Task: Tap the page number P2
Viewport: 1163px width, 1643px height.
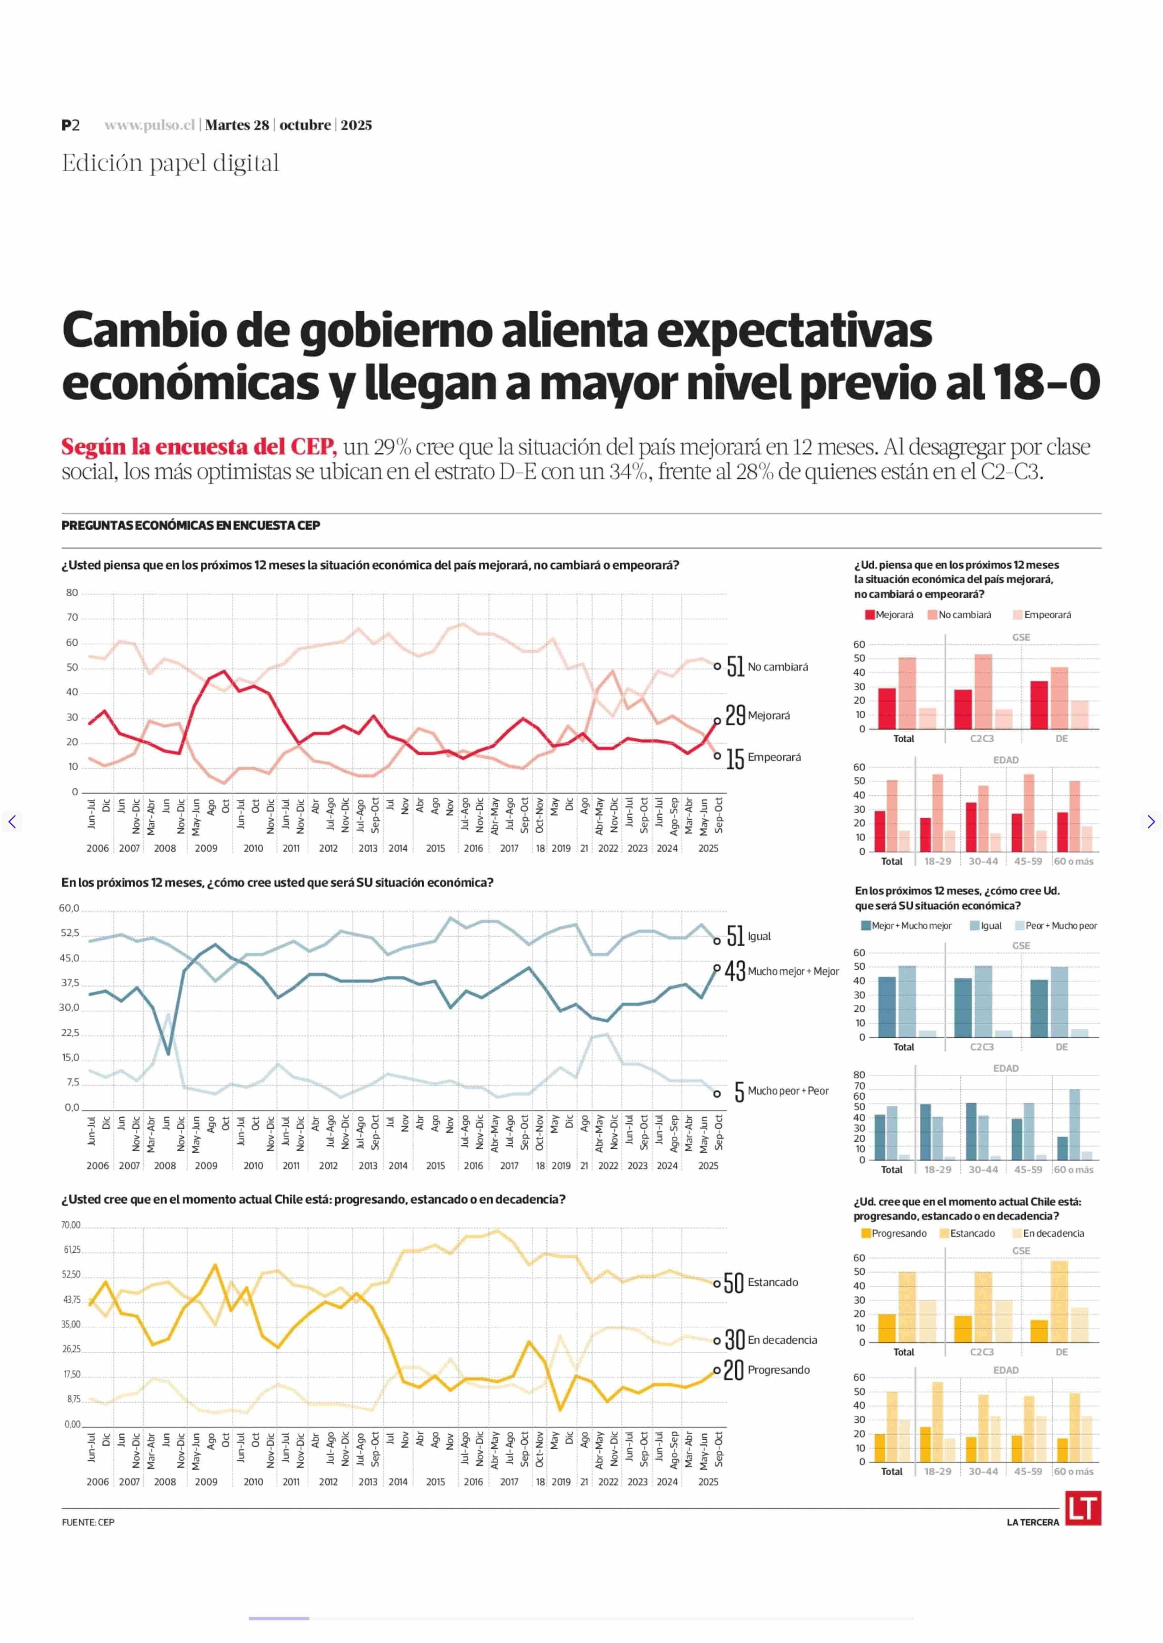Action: (x=70, y=125)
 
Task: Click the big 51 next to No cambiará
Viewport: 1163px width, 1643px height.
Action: (x=735, y=666)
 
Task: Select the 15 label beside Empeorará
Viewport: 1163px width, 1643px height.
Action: (x=735, y=759)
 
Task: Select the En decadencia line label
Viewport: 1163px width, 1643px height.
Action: (x=782, y=1340)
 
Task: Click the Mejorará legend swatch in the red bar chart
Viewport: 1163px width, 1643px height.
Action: (x=870, y=615)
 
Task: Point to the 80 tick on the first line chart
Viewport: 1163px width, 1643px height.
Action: (x=72, y=593)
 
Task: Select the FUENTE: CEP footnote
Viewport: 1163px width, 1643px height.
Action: (x=88, y=1522)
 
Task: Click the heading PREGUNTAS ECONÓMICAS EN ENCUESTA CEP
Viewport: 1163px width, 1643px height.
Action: (x=191, y=526)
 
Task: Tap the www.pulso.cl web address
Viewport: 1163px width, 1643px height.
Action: (x=150, y=125)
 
